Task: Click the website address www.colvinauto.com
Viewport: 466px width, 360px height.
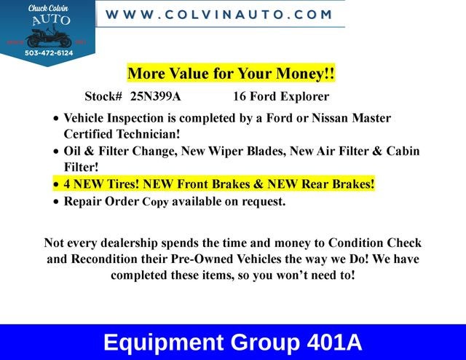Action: [219, 15]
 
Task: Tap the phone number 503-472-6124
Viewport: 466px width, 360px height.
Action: [47, 52]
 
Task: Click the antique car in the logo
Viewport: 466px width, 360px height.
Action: [47, 36]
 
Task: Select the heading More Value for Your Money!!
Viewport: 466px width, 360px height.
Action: [231, 74]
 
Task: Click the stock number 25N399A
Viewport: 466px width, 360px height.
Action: [156, 96]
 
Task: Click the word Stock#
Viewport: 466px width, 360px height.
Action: [103, 96]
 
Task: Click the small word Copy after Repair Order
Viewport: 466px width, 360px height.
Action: [154, 202]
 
